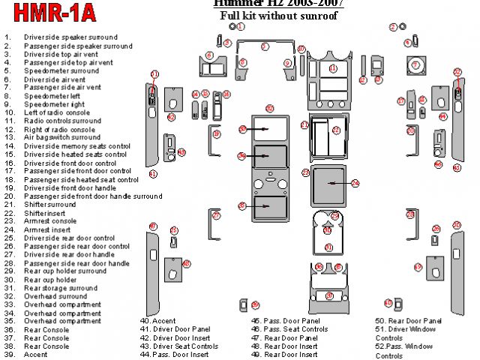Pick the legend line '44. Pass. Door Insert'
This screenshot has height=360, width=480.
(x=174, y=354)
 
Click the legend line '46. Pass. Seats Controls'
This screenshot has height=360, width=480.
(x=289, y=329)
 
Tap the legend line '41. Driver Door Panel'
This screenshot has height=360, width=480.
(x=175, y=329)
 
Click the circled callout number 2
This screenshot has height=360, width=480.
(x=392, y=27)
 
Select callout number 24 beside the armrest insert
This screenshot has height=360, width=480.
(x=355, y=182)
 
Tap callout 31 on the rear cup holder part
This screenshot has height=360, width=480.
(x=328, y=247)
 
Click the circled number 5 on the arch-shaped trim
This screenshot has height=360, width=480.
(x=264, y=46)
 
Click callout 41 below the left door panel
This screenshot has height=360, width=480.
(x=153, y=173)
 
